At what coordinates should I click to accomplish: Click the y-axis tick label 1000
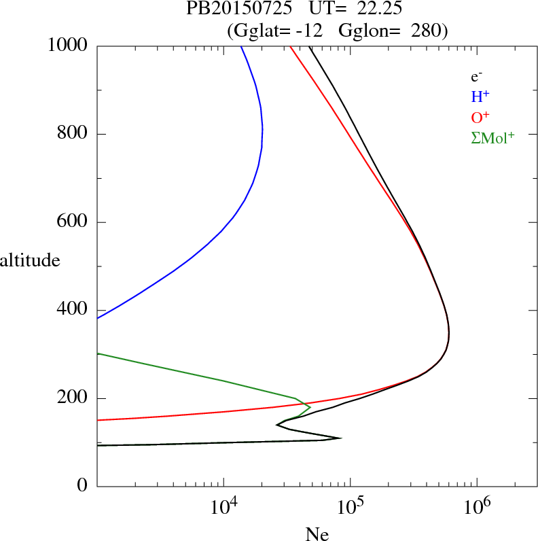tap(68, 46)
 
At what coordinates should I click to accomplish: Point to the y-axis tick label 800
tap(73, 134)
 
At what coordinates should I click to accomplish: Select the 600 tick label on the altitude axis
tap(73, 222)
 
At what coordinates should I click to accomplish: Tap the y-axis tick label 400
tap(73, 310)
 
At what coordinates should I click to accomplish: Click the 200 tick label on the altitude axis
tap(73, 398)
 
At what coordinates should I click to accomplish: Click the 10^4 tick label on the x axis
tap(223, 506)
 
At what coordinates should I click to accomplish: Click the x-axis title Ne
tap(317, 534)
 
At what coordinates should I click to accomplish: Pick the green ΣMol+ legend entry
tap(492, 137)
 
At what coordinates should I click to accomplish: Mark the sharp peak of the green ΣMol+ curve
tap(310, 407)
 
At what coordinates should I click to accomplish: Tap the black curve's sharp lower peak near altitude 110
tap(340, 438)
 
